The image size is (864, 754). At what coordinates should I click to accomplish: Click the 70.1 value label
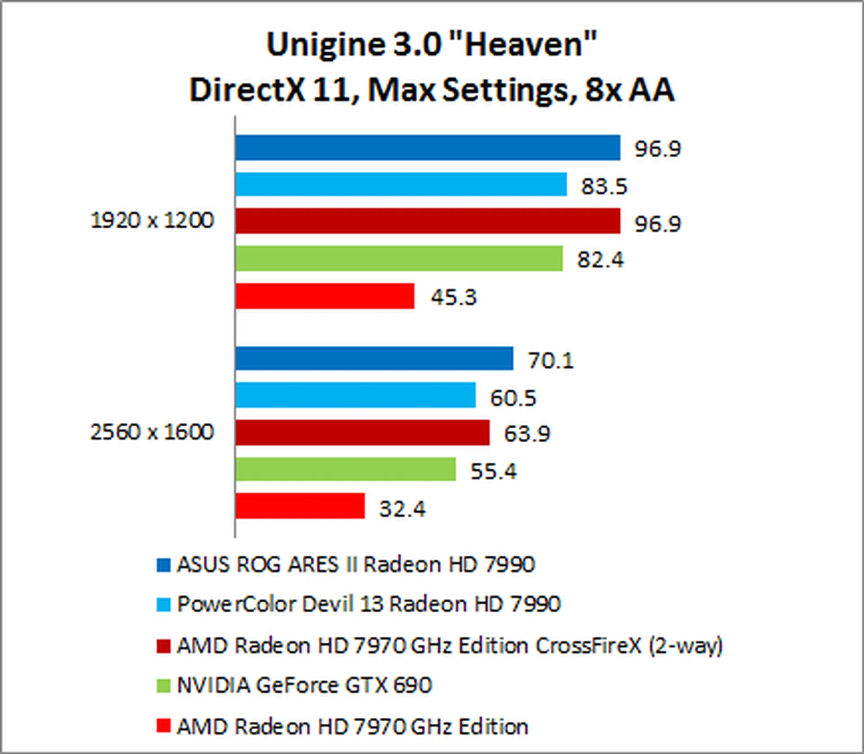[551, 361]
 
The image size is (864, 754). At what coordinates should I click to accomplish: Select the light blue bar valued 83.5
[400, 184]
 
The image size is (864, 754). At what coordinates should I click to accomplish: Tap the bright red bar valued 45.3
[324, 296]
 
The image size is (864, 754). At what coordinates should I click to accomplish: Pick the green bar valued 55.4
[345, 469]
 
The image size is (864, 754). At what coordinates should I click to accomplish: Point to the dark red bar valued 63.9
[362, 433]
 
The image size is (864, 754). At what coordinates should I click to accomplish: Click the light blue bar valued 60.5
[355, 395]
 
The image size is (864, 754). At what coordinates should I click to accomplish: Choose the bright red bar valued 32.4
[300, 506]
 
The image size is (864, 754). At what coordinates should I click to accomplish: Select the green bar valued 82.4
[399, 259]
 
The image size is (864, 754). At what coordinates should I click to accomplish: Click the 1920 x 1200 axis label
[152, 220]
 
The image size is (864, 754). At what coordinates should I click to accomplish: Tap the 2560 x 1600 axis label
[152, 432]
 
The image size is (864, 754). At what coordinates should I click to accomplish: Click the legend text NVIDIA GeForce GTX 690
[304, 685]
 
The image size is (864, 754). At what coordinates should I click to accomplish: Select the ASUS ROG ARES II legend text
[355, 564]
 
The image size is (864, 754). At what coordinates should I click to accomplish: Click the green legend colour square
[163, 686]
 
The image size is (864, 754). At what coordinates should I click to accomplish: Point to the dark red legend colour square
[163, 646]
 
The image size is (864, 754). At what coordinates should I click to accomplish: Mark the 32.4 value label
[402, 509]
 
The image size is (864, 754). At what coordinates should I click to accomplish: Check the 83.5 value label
[604, 186]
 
